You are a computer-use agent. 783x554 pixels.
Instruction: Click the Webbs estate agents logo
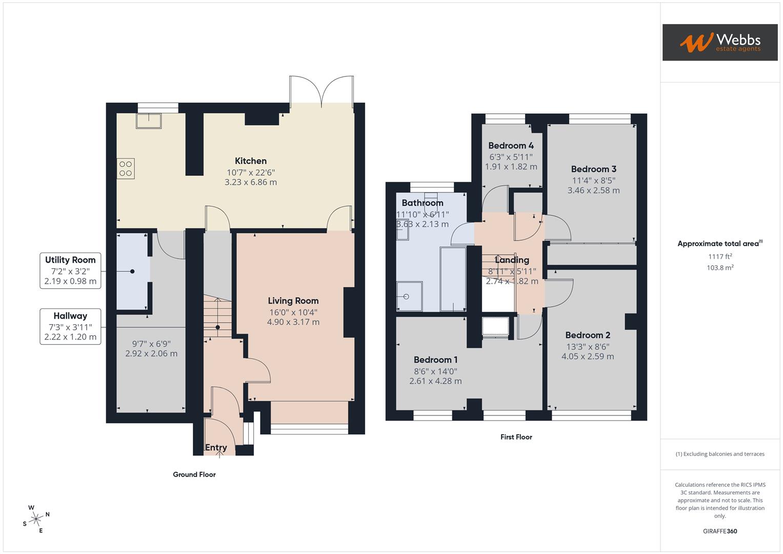click(719, 43)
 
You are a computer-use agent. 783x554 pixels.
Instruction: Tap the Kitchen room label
click(251, 161)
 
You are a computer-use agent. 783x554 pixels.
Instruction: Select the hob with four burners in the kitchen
click(126, 169)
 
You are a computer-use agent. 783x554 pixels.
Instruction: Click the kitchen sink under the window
click(149, 121)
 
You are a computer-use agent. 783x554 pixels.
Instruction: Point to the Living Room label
click(293, 301)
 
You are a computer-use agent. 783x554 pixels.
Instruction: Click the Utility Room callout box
click(70, 270)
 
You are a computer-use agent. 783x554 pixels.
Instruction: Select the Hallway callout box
click(70, 326)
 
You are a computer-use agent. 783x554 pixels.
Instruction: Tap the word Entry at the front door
click(216, 448)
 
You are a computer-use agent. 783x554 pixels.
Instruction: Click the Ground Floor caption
click(194, 474)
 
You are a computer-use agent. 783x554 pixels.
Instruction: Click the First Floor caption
click(516, 437)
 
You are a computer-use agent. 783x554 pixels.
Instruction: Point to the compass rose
click(36, 519)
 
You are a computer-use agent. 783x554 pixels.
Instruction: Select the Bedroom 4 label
click(511, 146)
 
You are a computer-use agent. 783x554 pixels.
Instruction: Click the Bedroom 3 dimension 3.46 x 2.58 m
click(593, 190)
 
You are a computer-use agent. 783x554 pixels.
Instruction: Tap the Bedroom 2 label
click(588, 335)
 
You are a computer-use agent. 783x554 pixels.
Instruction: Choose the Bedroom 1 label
click(435, 360)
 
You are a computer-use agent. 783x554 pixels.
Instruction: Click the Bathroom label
click(422, 203)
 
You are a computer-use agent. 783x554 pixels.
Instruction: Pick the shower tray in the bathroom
click(410, 296)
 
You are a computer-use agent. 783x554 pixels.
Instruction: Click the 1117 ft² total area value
click(720, 256)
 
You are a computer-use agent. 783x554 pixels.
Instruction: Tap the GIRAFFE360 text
click(720, 531)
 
